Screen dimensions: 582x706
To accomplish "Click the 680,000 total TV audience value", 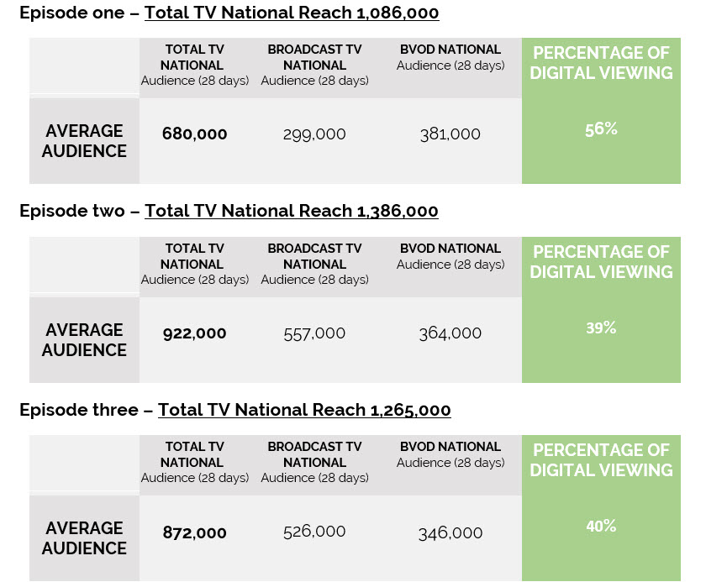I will (194, 134).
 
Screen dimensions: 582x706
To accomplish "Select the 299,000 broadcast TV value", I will (314, 134).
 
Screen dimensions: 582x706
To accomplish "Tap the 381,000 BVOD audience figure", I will (450, 134).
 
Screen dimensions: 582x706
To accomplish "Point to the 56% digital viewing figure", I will (601, 129).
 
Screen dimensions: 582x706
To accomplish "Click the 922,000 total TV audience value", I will (194, 333).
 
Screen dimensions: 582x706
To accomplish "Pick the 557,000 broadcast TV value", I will (314, 333).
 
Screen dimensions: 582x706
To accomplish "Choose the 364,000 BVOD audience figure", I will (450, 333).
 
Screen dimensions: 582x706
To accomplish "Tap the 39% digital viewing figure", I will (601, 328).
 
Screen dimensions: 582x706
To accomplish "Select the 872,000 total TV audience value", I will (194, 532).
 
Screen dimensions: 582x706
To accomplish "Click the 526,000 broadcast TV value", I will (314, 532).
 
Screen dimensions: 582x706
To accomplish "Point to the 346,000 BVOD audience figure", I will (450, 532).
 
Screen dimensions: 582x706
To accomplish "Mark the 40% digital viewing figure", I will (601, 527).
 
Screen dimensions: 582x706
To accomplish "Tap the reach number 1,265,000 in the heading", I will (409, 410).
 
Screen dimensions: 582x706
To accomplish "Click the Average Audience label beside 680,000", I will (84, 141).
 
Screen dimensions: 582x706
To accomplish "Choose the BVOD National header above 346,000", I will (450, 447).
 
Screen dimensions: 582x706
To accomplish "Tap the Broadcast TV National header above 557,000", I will (314, 256).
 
